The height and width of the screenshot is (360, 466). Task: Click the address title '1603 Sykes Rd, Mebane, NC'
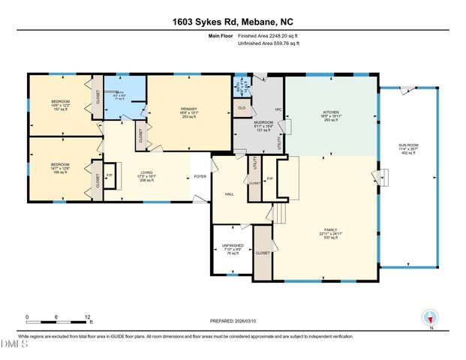233,12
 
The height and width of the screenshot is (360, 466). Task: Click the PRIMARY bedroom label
188,109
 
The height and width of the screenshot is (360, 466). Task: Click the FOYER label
200,176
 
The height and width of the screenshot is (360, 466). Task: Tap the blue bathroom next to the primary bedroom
125,94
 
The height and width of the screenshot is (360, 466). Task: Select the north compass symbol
429,319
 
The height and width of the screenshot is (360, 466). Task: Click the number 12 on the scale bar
89,317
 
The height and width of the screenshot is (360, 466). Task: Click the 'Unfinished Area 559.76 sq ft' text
269,43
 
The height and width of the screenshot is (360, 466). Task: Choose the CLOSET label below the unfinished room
262,253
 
